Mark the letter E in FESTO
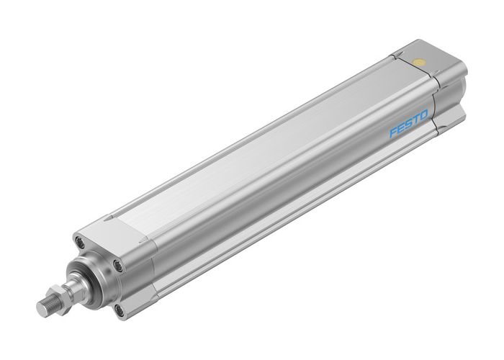pos(400,129)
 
